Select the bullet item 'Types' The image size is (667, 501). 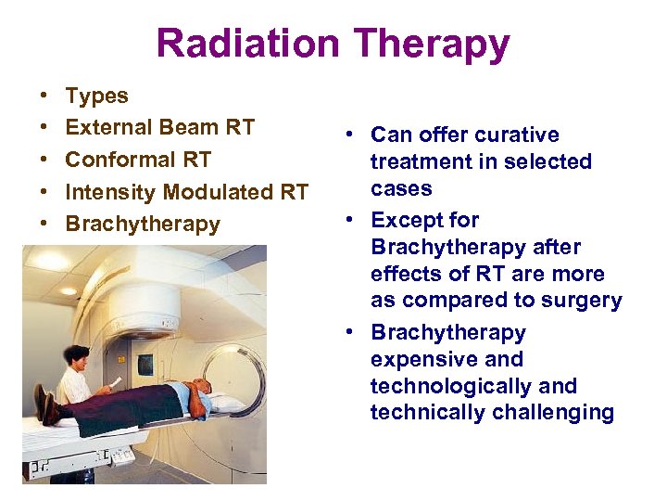97,96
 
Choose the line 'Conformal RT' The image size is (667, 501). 138,160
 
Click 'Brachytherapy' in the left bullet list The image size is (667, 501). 143,225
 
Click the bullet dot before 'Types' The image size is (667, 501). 44,96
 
